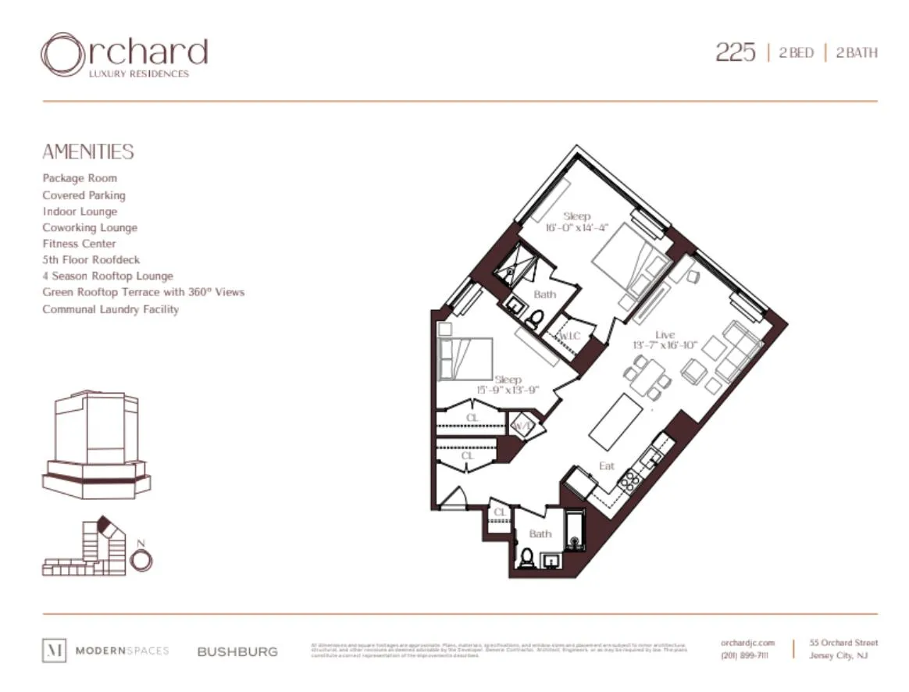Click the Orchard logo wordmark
[124, 55]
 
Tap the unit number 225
[735, 52]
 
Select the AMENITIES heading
[87, 152]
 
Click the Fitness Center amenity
[79, 244]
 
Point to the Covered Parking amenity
[84, 195]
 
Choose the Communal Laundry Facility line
[110, 309]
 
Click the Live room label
[665, 334]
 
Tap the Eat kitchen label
[607, 465]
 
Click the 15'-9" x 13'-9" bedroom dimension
[508, 390]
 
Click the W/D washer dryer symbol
[521, 426]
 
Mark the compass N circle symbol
[141, 560]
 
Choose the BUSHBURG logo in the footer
[237, 651]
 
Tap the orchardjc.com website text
[747, 643]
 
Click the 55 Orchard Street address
[843, 643]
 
